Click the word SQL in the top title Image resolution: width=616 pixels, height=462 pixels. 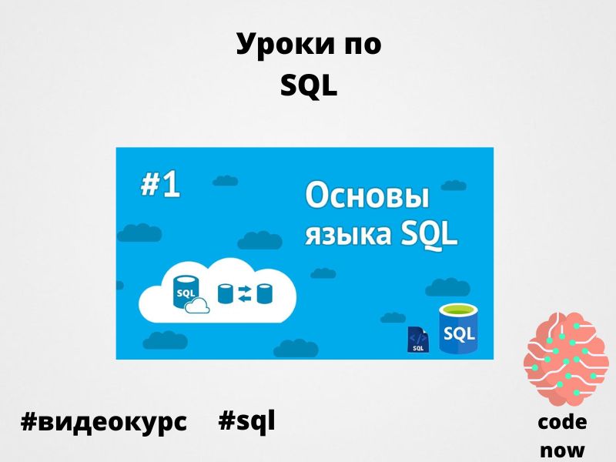[309, 86]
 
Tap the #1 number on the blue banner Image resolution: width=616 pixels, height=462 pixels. [160, 185]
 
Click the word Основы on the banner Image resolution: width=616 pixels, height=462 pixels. [367, 196]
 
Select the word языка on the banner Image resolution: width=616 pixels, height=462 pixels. [349, 234]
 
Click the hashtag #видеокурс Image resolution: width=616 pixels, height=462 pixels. [104, 422]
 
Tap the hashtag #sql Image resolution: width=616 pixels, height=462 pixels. [246, 421]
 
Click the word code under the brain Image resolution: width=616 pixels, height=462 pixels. [562, 422]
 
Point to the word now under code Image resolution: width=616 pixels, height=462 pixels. [562, 450]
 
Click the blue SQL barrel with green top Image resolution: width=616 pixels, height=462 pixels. [458, 329]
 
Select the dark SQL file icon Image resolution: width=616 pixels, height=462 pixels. [418, 339]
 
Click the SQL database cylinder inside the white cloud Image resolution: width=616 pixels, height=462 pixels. [186, 291]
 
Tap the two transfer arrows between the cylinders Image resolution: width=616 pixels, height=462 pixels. [245, 294]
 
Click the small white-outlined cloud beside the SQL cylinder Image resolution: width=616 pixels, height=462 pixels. [197, 306]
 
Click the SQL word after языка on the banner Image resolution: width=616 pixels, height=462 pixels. [429, 235]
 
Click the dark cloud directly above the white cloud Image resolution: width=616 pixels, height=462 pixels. [260, 240]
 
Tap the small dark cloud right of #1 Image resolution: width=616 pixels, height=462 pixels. [225, 180]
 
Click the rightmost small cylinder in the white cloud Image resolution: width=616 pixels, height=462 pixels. [265, 294]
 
